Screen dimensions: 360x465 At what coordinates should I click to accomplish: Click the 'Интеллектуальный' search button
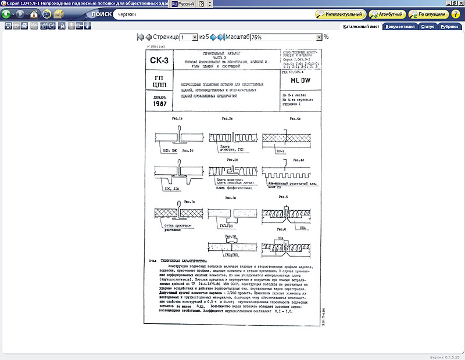tap(342, 14)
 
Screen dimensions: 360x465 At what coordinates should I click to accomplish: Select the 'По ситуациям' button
tap(429, 14)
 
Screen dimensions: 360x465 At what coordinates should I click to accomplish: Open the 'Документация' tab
tap(400, 26)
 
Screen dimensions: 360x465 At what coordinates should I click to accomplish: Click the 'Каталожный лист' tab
tap(361, 26)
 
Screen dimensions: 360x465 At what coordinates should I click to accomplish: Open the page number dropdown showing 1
tap(189, 37)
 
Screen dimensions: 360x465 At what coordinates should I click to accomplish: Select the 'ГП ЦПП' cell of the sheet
tap(159, 82)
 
